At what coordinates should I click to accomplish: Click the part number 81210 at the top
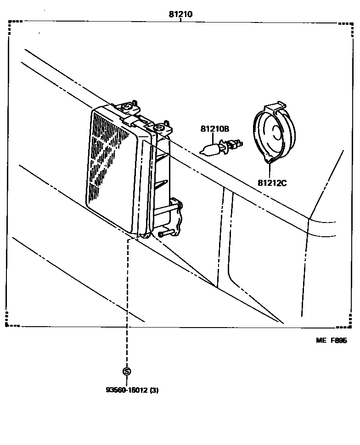pos(180,14)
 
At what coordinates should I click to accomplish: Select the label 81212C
pos(272,184)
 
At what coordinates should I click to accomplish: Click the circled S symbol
pos(127,371)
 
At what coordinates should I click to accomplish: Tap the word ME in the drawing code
pos(320,340)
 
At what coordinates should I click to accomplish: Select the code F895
pos(339,340)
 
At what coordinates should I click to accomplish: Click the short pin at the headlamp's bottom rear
pos(163,234)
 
